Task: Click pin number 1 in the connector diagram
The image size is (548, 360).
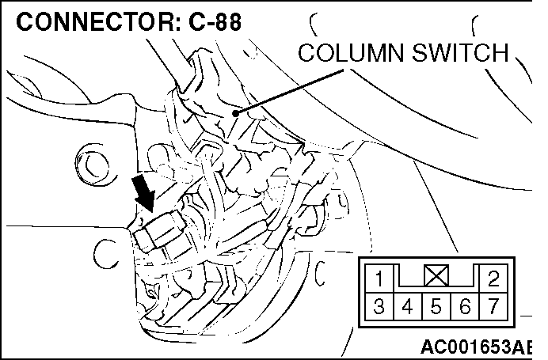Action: pyautogui.click(x=380, y=278)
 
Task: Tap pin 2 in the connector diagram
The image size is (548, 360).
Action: pyautogui.click(x=493, y=278)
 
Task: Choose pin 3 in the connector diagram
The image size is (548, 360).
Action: pyautogui.click(x=380, y=303)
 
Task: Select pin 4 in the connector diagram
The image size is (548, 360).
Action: pyautogui.click(x=409, y=303)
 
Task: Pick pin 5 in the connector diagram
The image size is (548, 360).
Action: pyautogui.click(x=436, y=303)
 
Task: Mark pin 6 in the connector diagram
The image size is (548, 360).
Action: pyautogui.click(x=465, y=303)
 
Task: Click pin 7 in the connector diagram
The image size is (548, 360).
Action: pyautogui.click(x=493, y=303)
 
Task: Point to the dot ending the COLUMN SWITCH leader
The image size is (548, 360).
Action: pyautogui.click(x=235, y=113)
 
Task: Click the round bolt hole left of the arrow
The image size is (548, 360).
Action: pyautogui.click(x=94, y=165)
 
